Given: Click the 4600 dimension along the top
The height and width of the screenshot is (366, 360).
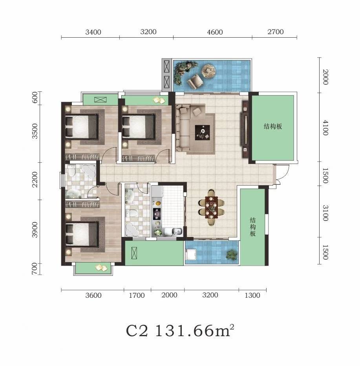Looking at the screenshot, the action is point(215,32).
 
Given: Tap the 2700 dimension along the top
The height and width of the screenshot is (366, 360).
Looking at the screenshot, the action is point(276,32).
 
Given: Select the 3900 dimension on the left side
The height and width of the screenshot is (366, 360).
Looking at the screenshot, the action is point(35,230).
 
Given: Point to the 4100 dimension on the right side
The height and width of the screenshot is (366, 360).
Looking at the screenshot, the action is point(325,127).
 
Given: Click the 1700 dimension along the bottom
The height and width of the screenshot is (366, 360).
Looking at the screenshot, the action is point(137,295).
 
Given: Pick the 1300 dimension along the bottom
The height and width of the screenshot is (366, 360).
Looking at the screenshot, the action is point(252,295).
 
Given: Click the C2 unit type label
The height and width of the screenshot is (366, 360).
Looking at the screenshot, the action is point(137,331).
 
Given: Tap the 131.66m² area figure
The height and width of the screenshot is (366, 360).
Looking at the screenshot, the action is point(194,330).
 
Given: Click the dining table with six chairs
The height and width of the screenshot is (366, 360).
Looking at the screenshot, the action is point(212,208).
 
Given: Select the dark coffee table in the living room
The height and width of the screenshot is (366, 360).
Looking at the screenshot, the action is point(202,133).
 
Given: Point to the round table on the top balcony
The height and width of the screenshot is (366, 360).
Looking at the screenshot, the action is point(208,71).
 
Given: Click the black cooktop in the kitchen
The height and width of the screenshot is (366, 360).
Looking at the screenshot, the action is point(157,214).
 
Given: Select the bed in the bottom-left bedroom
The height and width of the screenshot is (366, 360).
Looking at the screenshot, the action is point(82,234).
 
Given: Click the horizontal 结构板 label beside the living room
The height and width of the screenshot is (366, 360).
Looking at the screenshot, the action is point(273,127).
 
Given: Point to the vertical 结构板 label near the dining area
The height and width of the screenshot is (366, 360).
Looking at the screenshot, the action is point(253,227).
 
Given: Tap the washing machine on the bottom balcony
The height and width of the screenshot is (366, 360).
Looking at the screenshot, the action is point(191,255).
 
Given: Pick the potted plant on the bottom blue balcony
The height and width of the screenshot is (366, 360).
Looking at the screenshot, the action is point(232,255).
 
